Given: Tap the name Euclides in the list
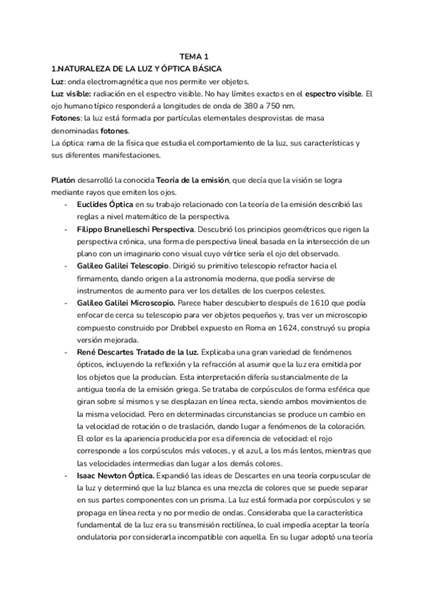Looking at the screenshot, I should click(x=93, y=204).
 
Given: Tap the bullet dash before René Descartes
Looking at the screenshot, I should click(x=66, y=352).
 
